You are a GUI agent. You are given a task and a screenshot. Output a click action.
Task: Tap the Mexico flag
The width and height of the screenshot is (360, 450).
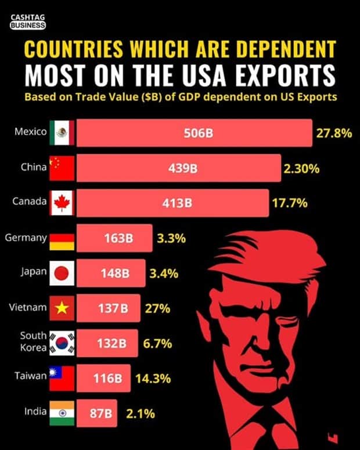tap(62, 133)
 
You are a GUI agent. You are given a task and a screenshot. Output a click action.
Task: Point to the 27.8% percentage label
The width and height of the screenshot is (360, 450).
tap(334, 133)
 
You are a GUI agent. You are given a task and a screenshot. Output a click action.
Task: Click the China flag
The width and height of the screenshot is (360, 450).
tap(62, 168)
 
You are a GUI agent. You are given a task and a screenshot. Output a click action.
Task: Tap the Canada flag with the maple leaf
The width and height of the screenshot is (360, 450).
tap(62, 203)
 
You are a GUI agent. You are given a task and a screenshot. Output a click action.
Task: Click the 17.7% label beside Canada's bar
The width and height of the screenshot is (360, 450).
tap(289, 203)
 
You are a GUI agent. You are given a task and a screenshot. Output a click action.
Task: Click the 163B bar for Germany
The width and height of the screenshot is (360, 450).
tap(115, 238)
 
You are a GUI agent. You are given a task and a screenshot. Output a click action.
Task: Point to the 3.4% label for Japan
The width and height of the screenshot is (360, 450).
tap(163, 273)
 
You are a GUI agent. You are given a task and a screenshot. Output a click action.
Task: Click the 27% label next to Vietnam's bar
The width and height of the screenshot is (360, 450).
tap(157, 308)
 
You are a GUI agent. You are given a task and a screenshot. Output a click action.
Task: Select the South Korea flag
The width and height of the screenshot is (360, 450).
tap(62, 343)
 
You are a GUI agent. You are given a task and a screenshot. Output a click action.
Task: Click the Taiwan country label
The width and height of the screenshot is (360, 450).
tap(30, 376)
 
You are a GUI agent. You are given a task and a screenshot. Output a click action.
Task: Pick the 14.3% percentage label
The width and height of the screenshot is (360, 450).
tap(153, 378)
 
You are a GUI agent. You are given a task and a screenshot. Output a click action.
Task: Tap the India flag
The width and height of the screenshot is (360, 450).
tap(62, 413)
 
